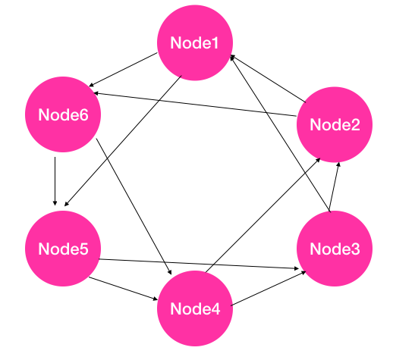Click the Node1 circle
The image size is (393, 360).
(x=195, y=42)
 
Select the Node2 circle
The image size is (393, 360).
(x=335, y=124)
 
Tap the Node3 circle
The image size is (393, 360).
(x=335, y=249)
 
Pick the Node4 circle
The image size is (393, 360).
(x=195, y=308)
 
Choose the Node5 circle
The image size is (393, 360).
(x=63, y=249)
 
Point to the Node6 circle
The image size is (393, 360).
(x=63, y=114)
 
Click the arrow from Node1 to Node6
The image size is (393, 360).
(x=123, y=70)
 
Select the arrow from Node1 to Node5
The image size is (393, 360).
(x=123, y=141)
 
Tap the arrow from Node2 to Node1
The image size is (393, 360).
(x=268, y=79)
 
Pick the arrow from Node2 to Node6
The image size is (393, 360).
(x=195, y=105)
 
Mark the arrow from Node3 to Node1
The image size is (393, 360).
(x=280, y=133)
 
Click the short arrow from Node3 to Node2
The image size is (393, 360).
(x=334, y=186)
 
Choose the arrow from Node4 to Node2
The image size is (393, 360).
(x=263, y=215)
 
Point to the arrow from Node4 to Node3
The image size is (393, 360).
(x=269, y=288)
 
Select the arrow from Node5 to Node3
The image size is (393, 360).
(x=199, y=264)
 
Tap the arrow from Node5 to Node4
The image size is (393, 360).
(x=123, y=289)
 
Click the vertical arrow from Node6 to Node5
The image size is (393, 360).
(x=55, y=181)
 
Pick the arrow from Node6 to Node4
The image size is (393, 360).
(x=134, y=206)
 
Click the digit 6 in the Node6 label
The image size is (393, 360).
(x=83, y=114)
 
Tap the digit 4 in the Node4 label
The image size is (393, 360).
(x=215, y=308)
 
